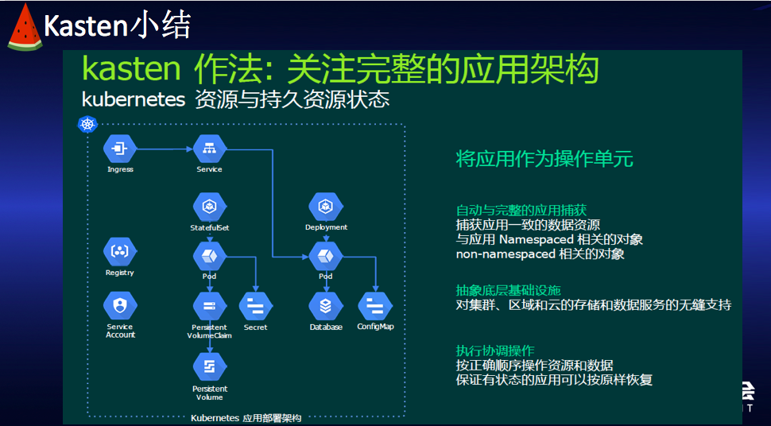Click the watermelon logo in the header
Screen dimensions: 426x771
click(24, 27)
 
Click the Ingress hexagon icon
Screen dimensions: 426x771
click(120, 148)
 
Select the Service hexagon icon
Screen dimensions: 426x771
click(210, 148)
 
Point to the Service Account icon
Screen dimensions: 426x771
click(120, 304)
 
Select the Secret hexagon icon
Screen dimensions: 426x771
click(256, 306)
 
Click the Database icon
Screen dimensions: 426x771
click(325, 306)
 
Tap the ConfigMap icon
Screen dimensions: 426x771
click(374, 306)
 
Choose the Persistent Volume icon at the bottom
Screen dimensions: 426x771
click(210, 366)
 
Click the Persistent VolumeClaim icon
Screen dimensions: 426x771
click(210, 306)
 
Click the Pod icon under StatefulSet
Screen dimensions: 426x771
click(210, 256)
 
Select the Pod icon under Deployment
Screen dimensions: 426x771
click(325, 256)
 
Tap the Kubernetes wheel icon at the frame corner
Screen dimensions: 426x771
click(87, 124)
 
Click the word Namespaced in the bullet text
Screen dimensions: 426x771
click(540, 239)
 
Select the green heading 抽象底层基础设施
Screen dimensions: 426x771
click(508, 290)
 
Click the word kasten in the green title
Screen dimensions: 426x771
click(131, 70)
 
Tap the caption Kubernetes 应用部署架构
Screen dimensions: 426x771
click(246, 418)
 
